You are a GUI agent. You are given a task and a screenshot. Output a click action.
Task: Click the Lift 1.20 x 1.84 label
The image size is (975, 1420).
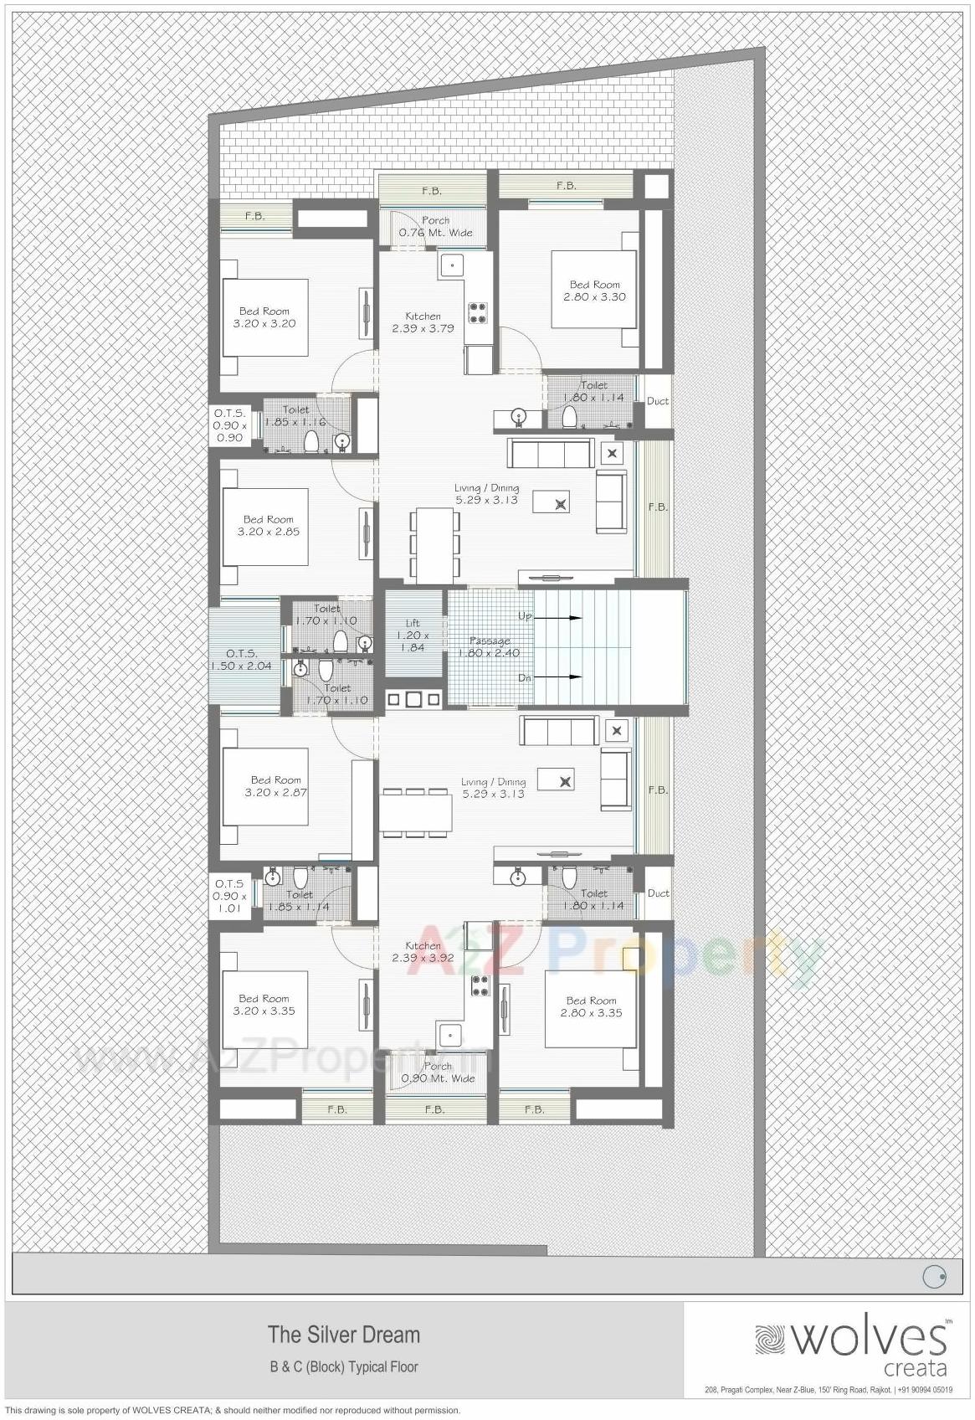[x=413, y=635]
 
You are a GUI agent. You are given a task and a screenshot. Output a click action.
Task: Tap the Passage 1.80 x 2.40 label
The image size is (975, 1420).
[x=490, y=646]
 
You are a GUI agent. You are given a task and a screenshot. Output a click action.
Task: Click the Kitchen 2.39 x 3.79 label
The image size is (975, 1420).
[x=423, y=322]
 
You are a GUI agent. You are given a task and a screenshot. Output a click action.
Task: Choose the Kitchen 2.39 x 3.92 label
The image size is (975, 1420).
[x=423, y=952]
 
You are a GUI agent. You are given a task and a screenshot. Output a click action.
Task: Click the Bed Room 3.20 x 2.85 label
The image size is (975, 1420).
[x=268, y=525]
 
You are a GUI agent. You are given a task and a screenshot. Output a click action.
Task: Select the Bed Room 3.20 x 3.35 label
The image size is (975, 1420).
[x=264, y=1005]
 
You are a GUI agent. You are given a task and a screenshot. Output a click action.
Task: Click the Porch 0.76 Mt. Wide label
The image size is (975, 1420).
[x=435, y=227]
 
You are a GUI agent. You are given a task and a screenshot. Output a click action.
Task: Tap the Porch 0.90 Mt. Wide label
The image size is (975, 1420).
[x=438, y=1073]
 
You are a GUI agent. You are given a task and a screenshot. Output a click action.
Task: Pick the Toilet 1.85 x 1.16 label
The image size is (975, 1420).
[x=295, y=416]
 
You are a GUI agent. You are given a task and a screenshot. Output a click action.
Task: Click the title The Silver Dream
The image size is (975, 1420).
[x=343, y=1334]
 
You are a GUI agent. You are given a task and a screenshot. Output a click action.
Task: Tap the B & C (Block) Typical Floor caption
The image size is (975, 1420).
[x=343, y=1367]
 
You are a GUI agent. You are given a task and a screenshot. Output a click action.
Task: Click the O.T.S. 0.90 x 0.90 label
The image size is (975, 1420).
[x=229, y=425]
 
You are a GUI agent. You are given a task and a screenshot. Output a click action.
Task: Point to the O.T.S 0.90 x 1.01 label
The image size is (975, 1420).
[x=229, y=896]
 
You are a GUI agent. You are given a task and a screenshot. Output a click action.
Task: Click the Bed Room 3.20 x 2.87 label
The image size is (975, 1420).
[x=275, y=786]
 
